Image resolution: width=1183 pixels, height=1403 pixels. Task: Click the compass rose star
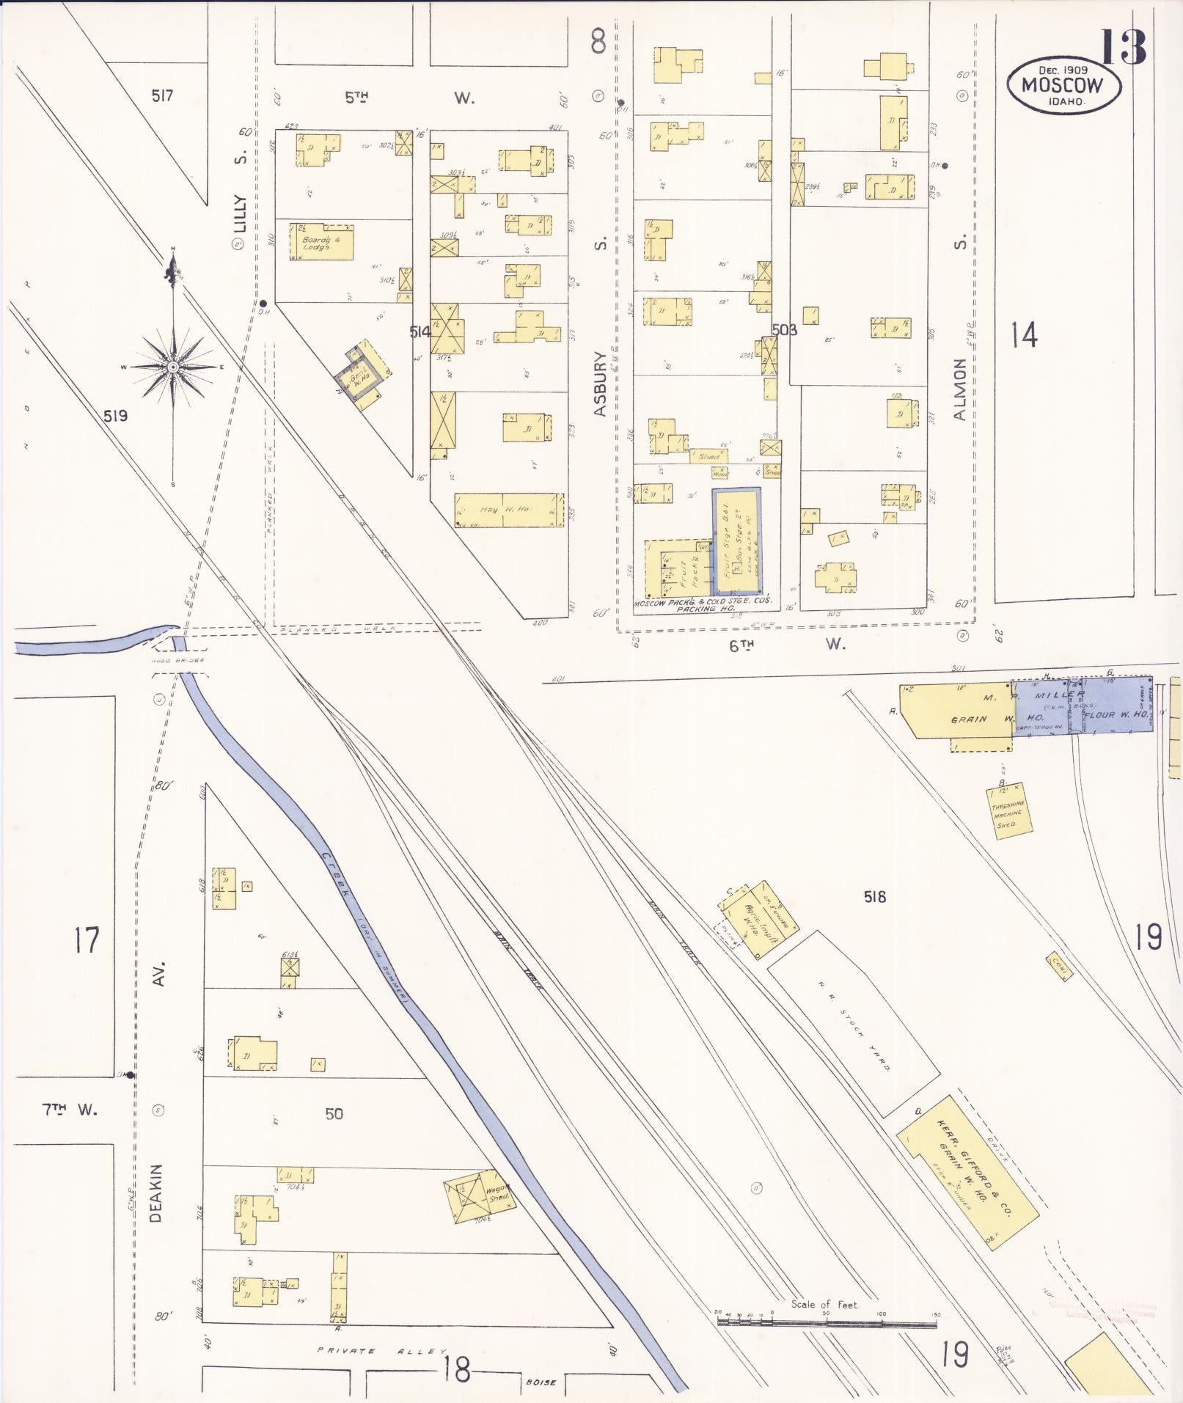(172, 366)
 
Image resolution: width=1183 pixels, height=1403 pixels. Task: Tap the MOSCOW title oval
(1062, 86)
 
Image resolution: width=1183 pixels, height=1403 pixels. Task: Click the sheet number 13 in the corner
(1122, 47)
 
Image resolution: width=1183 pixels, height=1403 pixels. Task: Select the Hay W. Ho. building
(509, 510)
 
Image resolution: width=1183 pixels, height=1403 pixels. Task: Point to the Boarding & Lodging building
(321, 242)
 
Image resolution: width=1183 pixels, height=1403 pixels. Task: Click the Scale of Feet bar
(827, 1322)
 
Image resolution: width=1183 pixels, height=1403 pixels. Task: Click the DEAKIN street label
(155, 1193)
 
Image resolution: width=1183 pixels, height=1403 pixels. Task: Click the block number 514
(420, 332)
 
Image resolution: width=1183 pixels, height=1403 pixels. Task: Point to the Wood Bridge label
(172, 661)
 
